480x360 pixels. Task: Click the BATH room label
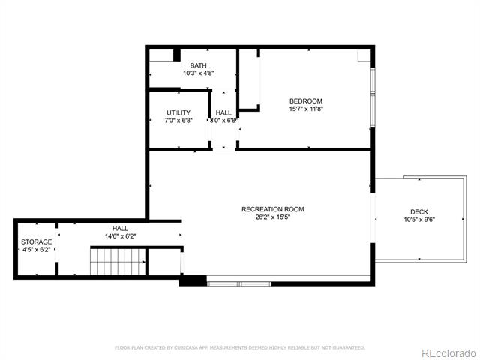(198, 65)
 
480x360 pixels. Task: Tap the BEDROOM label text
(306, 101)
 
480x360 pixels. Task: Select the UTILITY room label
(178, 112)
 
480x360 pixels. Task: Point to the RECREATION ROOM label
(273, 209)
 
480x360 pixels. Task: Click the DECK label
(419, 211)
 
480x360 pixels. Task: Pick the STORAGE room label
(37, 241)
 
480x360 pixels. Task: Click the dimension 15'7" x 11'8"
(306, 109)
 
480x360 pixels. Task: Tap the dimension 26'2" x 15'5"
(273, 217)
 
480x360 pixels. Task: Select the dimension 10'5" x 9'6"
(419, 220)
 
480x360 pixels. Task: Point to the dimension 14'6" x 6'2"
(120, 236)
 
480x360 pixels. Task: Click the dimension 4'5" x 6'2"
(37, 250)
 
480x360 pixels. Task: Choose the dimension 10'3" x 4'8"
(198, 73)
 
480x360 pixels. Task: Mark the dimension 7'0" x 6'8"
(178, 121)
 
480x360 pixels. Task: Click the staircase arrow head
(143, 262)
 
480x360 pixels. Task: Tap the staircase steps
(118, 262)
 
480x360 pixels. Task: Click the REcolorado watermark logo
(448, 353)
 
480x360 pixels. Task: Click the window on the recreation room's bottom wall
(239, 284)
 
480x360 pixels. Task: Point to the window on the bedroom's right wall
(373, 97)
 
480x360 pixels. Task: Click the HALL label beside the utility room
(223, 112)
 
